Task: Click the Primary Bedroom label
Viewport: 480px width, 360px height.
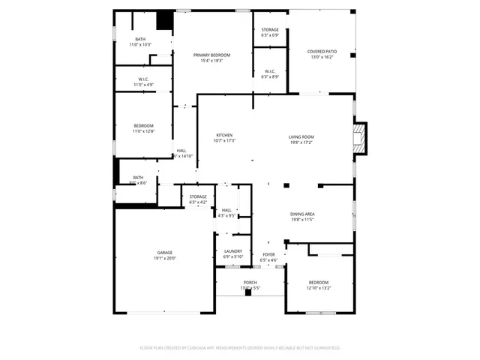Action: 211,55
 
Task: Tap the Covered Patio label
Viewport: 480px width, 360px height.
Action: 322,51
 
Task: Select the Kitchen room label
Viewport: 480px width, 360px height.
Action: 225,135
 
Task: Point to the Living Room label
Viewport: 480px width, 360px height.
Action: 301,136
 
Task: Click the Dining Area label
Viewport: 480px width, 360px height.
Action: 302,214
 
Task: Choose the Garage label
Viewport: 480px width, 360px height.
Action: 165,252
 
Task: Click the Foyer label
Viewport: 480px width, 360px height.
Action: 268,254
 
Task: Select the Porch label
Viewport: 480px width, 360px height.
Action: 250,282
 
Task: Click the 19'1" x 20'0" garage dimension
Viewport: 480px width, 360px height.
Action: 165,258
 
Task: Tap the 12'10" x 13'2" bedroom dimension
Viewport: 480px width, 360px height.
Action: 319,287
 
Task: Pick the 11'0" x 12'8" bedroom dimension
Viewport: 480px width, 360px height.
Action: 143,131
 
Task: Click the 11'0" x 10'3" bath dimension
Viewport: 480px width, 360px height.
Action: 140,45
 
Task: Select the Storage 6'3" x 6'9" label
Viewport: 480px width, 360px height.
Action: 270,32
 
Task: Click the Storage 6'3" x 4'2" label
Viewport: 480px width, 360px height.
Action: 198,199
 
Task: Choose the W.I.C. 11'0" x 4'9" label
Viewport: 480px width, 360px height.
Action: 143,82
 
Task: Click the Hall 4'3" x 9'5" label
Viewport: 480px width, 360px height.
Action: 227,213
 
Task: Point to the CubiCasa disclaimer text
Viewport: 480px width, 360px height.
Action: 240,347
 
